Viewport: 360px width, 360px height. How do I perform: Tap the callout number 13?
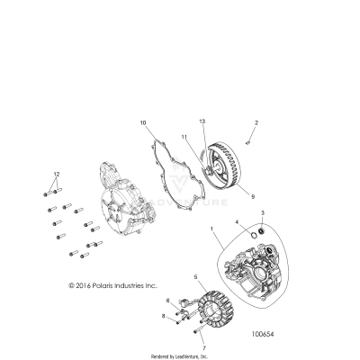coord(202,121)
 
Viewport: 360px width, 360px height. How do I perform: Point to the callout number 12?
coord(56,172)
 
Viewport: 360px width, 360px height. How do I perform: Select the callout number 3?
coord(262,212)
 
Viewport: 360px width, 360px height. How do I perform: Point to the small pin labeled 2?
coord(256,137)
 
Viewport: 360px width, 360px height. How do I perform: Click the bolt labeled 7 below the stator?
coord(178,336)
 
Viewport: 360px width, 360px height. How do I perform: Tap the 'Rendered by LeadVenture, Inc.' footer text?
coord(179,355)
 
